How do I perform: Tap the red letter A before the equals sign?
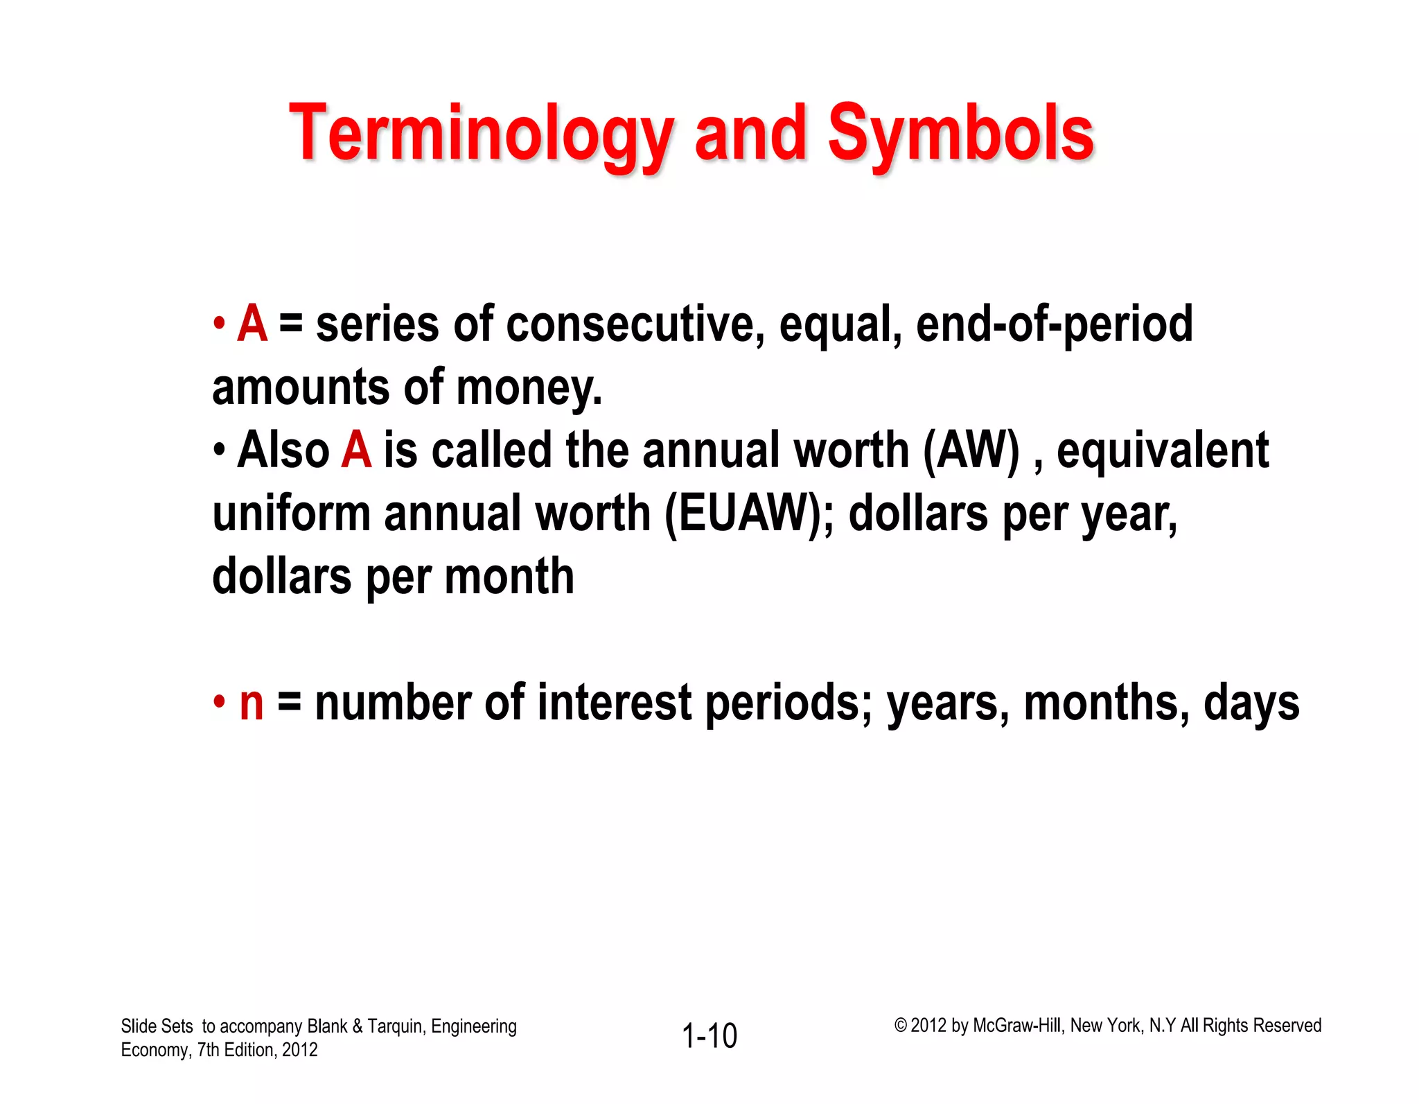pos(252,324)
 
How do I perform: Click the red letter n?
pos(252,703)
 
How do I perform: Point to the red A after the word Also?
pos(356,450)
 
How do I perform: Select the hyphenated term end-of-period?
pos(1054,324)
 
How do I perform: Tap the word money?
pos(529,387)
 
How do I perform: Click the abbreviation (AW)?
pos(971,450)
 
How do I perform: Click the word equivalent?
pos(1163,450)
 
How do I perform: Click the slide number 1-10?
pos(709,1036)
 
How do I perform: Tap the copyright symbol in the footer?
pos(900,1025)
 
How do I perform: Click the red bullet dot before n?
pos(220,702)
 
